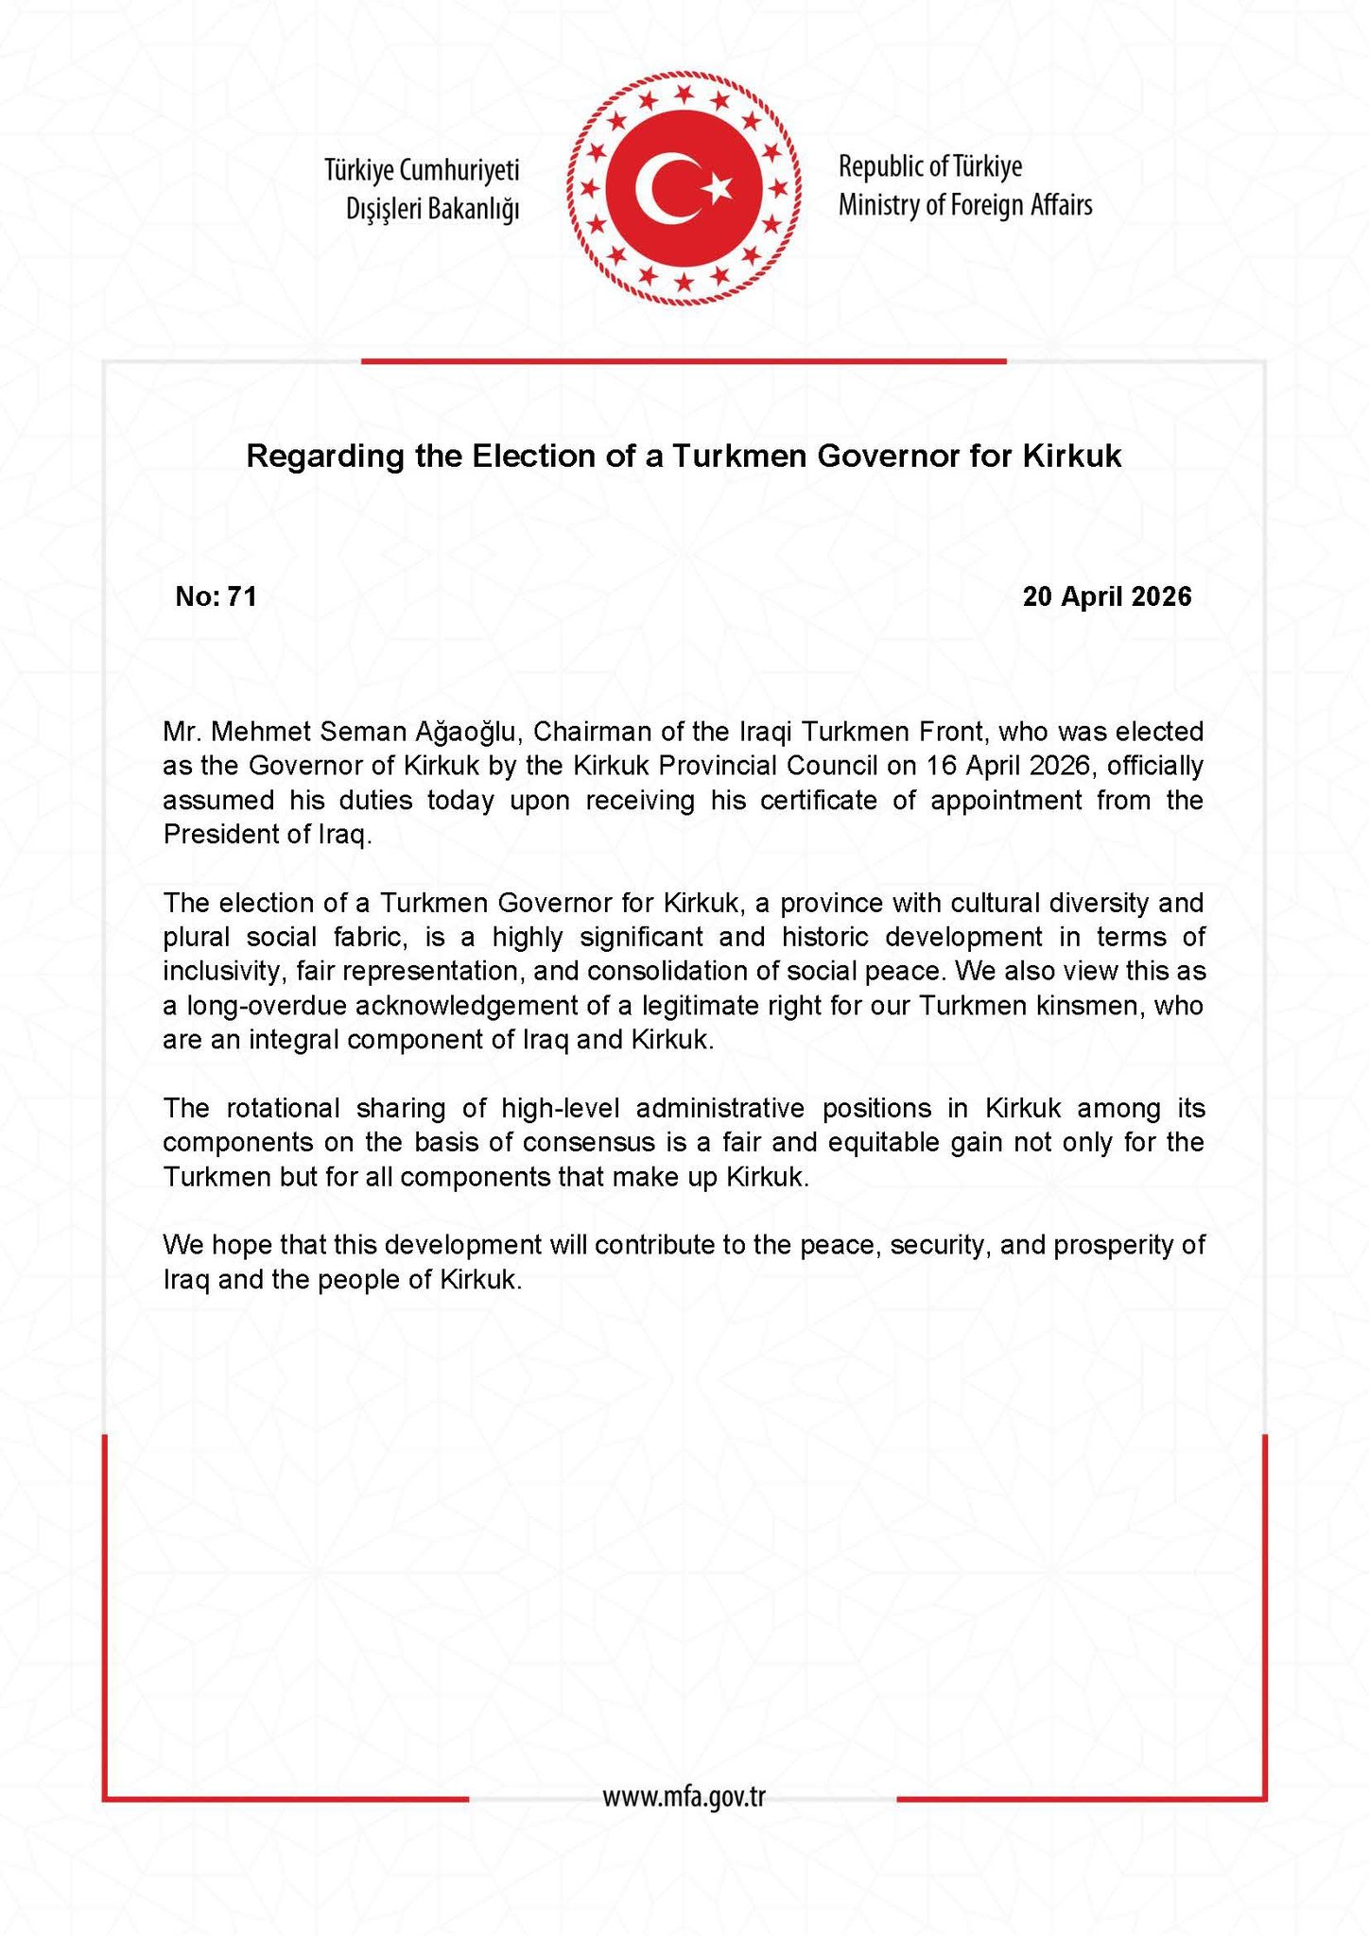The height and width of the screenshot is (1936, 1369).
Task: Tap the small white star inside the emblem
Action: (719, 187)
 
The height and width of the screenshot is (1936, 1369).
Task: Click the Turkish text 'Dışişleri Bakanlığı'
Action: (433, 209)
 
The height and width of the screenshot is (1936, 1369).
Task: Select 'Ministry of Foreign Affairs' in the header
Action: (965, 205)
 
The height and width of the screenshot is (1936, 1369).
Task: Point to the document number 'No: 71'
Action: (217, 596)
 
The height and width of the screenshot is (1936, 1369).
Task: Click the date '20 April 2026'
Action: (1107, 596)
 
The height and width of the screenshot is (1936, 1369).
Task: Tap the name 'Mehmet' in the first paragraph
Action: (261, 732)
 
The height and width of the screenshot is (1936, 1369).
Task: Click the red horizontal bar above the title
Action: (684, 360)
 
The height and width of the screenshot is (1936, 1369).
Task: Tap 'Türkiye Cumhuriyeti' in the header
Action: (422, 170)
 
